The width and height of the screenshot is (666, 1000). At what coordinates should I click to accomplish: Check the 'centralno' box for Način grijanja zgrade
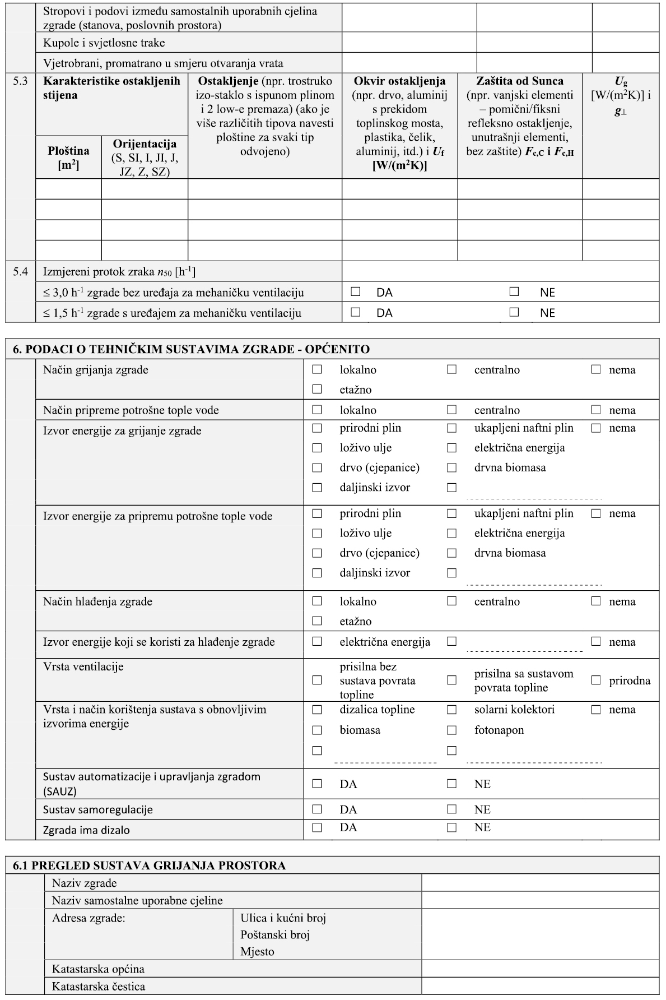tap(451, 369)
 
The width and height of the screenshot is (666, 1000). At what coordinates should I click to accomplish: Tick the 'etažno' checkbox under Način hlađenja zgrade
tap(317, 621)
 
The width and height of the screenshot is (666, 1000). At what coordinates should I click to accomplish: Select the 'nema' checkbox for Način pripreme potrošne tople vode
tap(596, 410)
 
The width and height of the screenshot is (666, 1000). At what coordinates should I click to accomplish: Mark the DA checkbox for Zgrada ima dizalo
tap(317, 827)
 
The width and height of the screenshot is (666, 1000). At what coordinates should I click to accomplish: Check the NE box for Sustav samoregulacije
tap(451, 809)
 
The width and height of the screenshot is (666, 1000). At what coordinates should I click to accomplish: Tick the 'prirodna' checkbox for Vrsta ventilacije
tap(596, 680)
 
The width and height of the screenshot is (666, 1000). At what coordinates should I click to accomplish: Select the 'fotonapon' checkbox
tap(451, 730)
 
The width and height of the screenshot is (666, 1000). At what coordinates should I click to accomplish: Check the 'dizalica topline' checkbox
tap(317, 709)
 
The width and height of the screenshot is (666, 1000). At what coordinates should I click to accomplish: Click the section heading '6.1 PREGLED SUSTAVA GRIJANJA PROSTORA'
tap(149, 865)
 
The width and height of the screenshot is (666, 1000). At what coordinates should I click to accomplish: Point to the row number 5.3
tap(21, 81)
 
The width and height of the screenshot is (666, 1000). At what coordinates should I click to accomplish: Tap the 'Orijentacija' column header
tap(145, 144)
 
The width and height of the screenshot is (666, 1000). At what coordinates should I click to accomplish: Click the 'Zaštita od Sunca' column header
tap(520, 81)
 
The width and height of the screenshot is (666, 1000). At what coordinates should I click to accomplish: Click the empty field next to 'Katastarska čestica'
tap(540, 987)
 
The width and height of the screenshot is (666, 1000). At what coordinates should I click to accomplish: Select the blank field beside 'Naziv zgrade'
tap(540, 883)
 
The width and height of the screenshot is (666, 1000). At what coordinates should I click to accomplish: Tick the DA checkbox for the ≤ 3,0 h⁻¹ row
tap(355, 291)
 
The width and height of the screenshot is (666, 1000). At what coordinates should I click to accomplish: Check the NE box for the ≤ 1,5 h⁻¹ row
tap(514, 312)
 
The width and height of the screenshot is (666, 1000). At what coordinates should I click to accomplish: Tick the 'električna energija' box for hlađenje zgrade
tap(317, 641)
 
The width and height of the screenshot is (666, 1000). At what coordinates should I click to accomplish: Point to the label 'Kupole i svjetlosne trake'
tap(104, 43)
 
